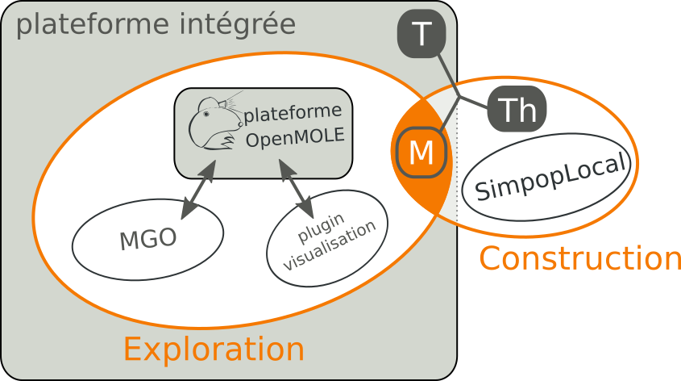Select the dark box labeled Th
(x=517, y=109)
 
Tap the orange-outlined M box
(x=420, y=153)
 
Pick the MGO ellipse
(x=147, y=239)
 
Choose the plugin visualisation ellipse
(x=327, y=238)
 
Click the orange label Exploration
(x=214, y=350)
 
